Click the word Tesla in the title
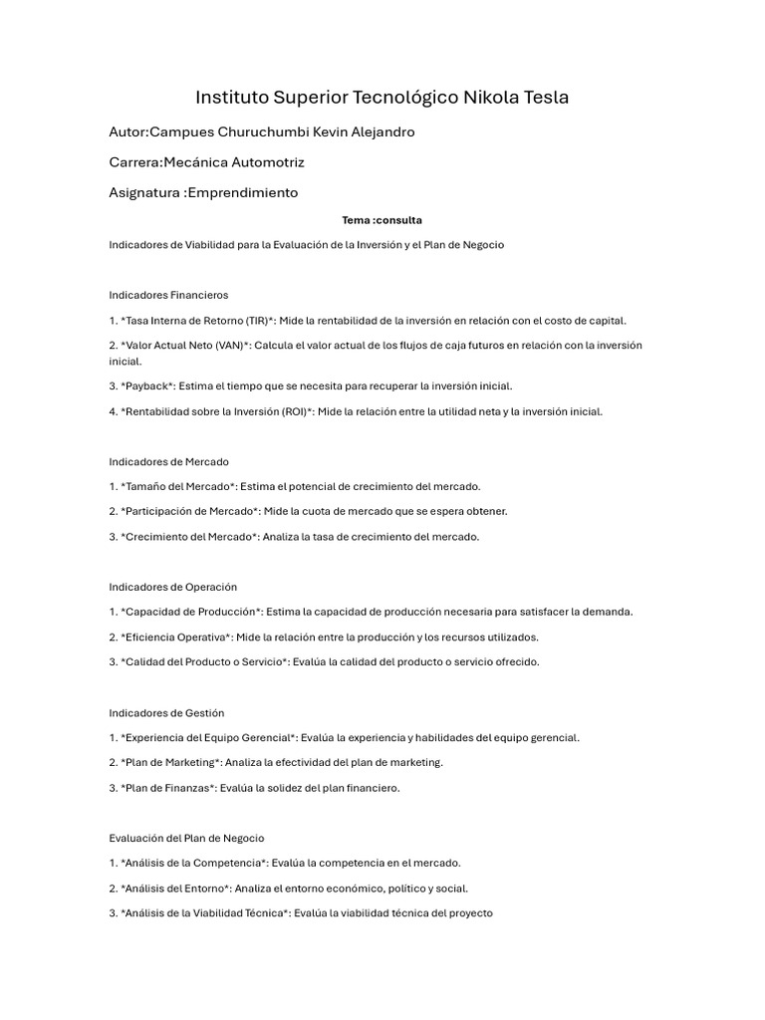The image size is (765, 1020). (x=542, y=98)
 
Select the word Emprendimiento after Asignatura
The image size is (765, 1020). (x=242, y=192)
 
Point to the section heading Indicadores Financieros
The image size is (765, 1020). (x=168, y=295)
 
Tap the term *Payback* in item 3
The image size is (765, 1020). (x=147, y=386)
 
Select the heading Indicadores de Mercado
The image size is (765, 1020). (x=168, y=461)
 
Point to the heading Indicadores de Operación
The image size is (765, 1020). (x=172, y=588)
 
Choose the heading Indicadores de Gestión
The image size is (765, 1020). (x=166, y=713)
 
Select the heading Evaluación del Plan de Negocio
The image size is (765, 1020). (x=186, y=839)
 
